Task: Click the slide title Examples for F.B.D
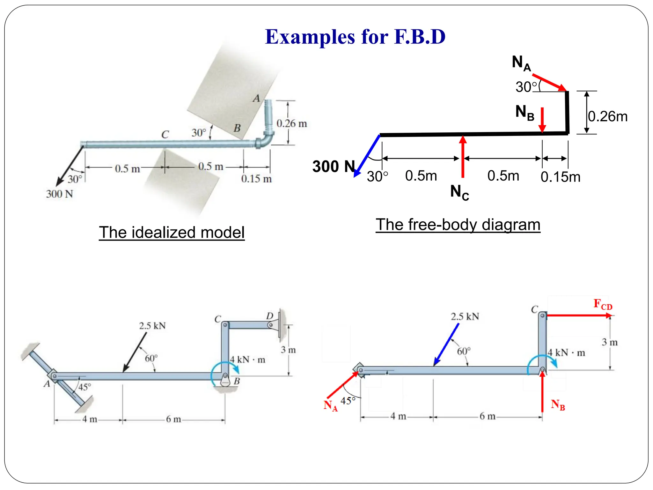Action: pos(355,37)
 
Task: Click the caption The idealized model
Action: pos(172,232)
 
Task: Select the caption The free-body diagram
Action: pos(458,225)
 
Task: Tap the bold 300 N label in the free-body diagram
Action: pos(334,167)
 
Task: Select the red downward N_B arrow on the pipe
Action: pos(542,120)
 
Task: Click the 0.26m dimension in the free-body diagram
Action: pos(607,116)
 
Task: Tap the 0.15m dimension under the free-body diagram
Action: pos(560,177)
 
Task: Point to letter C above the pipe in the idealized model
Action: pos(165,134)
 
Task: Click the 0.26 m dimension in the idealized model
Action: pos(291,123)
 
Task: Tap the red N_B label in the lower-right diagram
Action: pos(558,405)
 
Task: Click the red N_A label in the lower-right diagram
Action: pos(330,405)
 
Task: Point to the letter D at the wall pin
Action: pos(270,316)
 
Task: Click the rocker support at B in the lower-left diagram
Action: pos(225,381)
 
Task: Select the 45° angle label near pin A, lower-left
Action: pos(84,387)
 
